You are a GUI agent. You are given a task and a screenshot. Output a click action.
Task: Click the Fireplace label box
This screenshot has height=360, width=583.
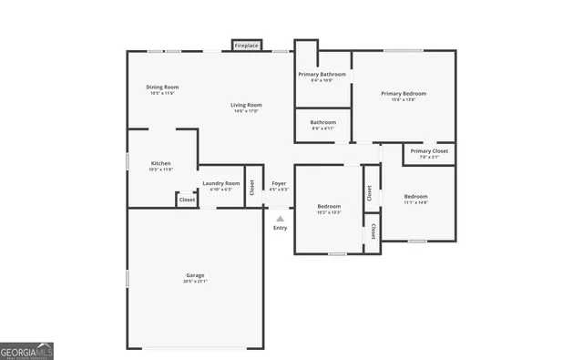tap(247, 46)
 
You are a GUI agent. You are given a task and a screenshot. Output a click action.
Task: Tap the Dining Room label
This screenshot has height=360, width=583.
tap(162, 87)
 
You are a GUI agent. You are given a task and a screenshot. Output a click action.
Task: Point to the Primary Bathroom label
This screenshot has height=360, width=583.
tap(322, 74)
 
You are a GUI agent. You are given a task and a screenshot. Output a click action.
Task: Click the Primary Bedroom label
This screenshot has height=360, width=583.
tap(403, 93)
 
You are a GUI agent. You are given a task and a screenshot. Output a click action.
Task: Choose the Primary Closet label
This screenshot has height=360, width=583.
tap(429, 151)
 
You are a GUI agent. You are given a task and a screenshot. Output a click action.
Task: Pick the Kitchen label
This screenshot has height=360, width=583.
tap(160, 164)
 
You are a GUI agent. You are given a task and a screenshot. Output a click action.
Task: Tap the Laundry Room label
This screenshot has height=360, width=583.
tap(221, 183)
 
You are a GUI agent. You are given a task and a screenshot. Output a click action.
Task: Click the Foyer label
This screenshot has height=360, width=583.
tap(279, 183)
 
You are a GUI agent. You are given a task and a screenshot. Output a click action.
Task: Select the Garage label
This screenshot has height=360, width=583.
tap(195, 275)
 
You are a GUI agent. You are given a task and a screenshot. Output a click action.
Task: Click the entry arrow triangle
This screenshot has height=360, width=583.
tap(280, 219)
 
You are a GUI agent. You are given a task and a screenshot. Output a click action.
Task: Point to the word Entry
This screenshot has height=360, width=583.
tap(280, 228)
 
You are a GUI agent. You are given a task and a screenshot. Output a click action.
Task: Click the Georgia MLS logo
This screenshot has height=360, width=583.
tap(27, 351)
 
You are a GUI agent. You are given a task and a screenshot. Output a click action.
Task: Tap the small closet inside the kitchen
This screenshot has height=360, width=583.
tap(186, 199)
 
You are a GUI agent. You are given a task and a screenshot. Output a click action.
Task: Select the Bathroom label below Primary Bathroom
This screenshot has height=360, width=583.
tap(322, 122)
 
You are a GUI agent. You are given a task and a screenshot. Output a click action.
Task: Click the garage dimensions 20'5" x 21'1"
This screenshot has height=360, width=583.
tap(195, 282)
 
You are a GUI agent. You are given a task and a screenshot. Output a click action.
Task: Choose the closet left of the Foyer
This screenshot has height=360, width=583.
tap(252, 187)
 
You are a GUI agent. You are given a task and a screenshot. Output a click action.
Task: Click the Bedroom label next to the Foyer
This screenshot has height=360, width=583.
tap(329, 206)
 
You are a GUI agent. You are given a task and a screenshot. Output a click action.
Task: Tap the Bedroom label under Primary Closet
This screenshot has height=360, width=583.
tap(416, 196)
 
